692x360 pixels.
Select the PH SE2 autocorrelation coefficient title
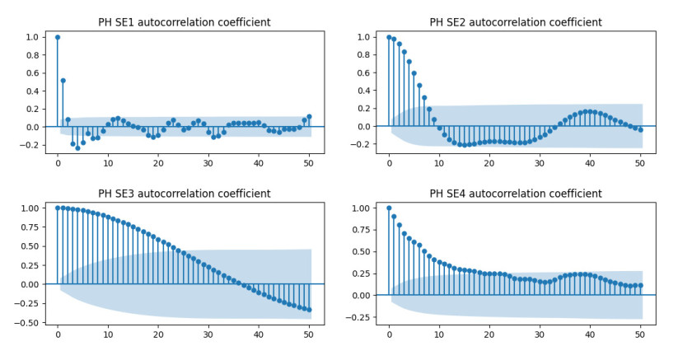[x=515, y=22]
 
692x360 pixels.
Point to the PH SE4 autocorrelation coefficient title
[x=515, y=194]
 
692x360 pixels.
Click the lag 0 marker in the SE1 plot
[x=58, y=37]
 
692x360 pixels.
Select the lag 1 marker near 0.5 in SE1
[x=63, y=81]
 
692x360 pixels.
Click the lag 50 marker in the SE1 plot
[x=309, y=117]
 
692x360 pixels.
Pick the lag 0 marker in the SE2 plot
[x=390, y=37]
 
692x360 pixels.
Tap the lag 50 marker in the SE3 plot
[x=309, y=310]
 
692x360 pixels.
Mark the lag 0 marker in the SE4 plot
[x=390, y=208]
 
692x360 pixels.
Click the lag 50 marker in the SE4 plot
[x=641, y=285]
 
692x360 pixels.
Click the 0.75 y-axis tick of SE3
[x=30, y=227]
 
